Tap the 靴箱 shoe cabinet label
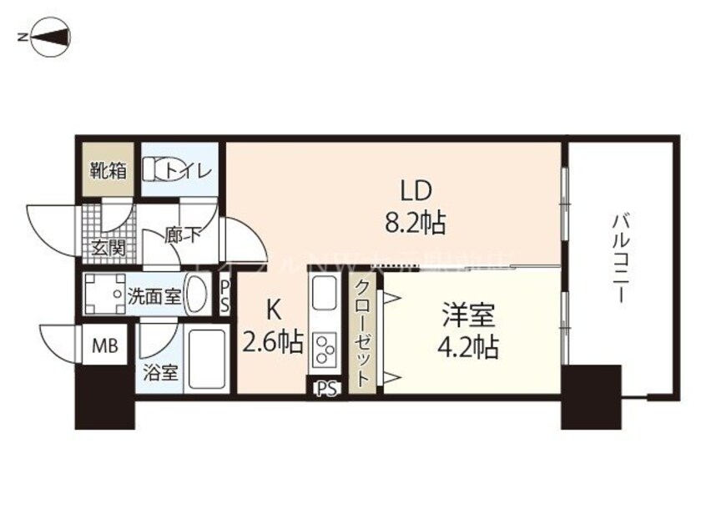coord(108,171)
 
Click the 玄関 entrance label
coord(105,248)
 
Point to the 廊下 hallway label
coord(183,234)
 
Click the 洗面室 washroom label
coord(154,295)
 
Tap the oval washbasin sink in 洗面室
coord(199,295)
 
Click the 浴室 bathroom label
coord(161,372)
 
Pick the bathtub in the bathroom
coord(207,360)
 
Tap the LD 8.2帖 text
coord(414,207)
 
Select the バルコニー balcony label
coord(619,259)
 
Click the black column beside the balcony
coord(590,396)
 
